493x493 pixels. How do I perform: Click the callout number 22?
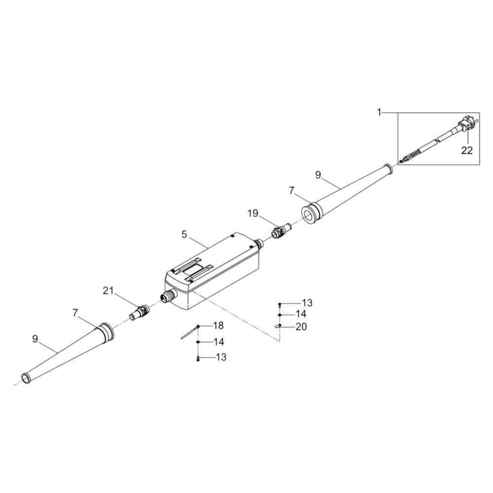(x=467, y=150)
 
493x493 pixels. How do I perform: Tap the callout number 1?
(x=379, y=112)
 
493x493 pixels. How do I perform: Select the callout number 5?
(x=184, y=234)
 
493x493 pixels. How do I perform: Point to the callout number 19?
(x=253, y=213)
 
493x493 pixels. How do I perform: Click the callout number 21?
(x=108, y=291)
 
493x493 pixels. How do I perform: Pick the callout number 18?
(x=218, y=325)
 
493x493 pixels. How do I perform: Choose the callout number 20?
(x=301, y=327)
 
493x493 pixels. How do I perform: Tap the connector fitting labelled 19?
(x=281, y=231)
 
